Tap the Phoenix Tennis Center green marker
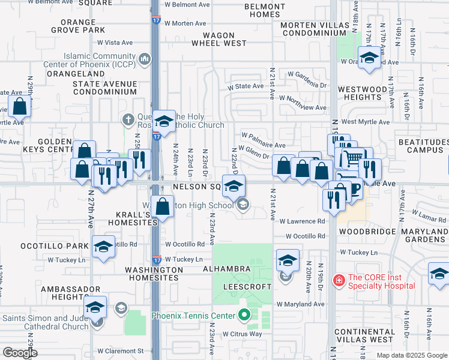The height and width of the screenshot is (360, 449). pyautogui.click(x=244, y=314)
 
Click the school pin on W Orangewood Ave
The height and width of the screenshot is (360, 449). pyautogui.click(x=368, y=58)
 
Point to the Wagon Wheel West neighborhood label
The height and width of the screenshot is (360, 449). pyautogui.click(x=219, y=39)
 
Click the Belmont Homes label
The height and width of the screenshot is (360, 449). pyautogui.click(x=265, y=10)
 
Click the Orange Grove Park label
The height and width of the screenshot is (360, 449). pyautogui.click(x=90, y=26)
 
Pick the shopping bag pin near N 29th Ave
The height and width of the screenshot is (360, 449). pyautogui.click(x=20, y=107)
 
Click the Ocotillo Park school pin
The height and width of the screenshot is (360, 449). pyautogui.click(x=103, y=247)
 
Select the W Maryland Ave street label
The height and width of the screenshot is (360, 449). pyautogui.click(x=300, y=304)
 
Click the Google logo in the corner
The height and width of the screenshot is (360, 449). pyautogui.click(x=20, y=353)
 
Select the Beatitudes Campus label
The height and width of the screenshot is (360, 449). pyautogui.click(x=423, y=146)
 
